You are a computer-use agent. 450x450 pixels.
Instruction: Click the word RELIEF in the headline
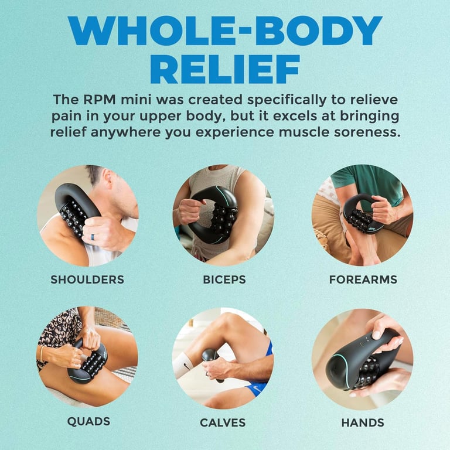(225, 69)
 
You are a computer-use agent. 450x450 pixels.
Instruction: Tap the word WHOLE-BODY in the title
(225, 30)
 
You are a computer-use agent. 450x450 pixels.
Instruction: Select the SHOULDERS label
(87, 279)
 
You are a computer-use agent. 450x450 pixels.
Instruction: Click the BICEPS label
(224, 279)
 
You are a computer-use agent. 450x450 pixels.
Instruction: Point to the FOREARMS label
(363, 279)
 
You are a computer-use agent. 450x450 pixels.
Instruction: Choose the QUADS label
(88, 422)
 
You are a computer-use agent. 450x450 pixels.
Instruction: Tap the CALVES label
(223, 422)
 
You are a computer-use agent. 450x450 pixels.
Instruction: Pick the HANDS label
(363, 422)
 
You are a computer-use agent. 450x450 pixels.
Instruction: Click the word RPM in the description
(100, 100)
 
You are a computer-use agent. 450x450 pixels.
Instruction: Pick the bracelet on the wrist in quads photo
(42, 354)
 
